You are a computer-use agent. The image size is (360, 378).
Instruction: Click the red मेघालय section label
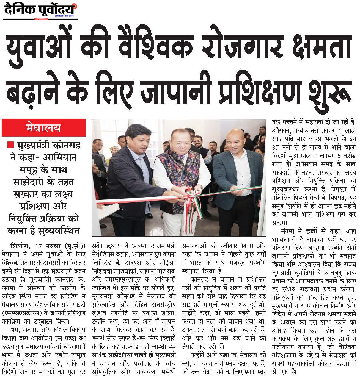(x=44, y=128)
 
